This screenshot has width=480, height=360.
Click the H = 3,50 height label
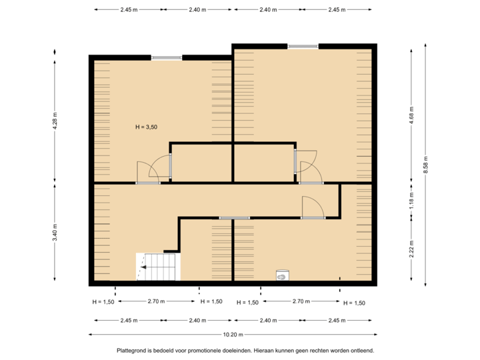coord(146,126)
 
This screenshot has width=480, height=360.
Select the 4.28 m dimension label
coord(55,120)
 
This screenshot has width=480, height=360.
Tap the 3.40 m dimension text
coord(55,233)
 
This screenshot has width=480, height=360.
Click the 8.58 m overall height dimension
coord(425,164)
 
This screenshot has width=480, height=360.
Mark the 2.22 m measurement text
coord(411,248)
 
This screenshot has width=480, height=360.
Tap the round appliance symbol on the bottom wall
coord(281,274)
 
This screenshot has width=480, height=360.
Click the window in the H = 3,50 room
coord(166,57)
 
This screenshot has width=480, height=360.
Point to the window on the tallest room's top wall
coord(303,45)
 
